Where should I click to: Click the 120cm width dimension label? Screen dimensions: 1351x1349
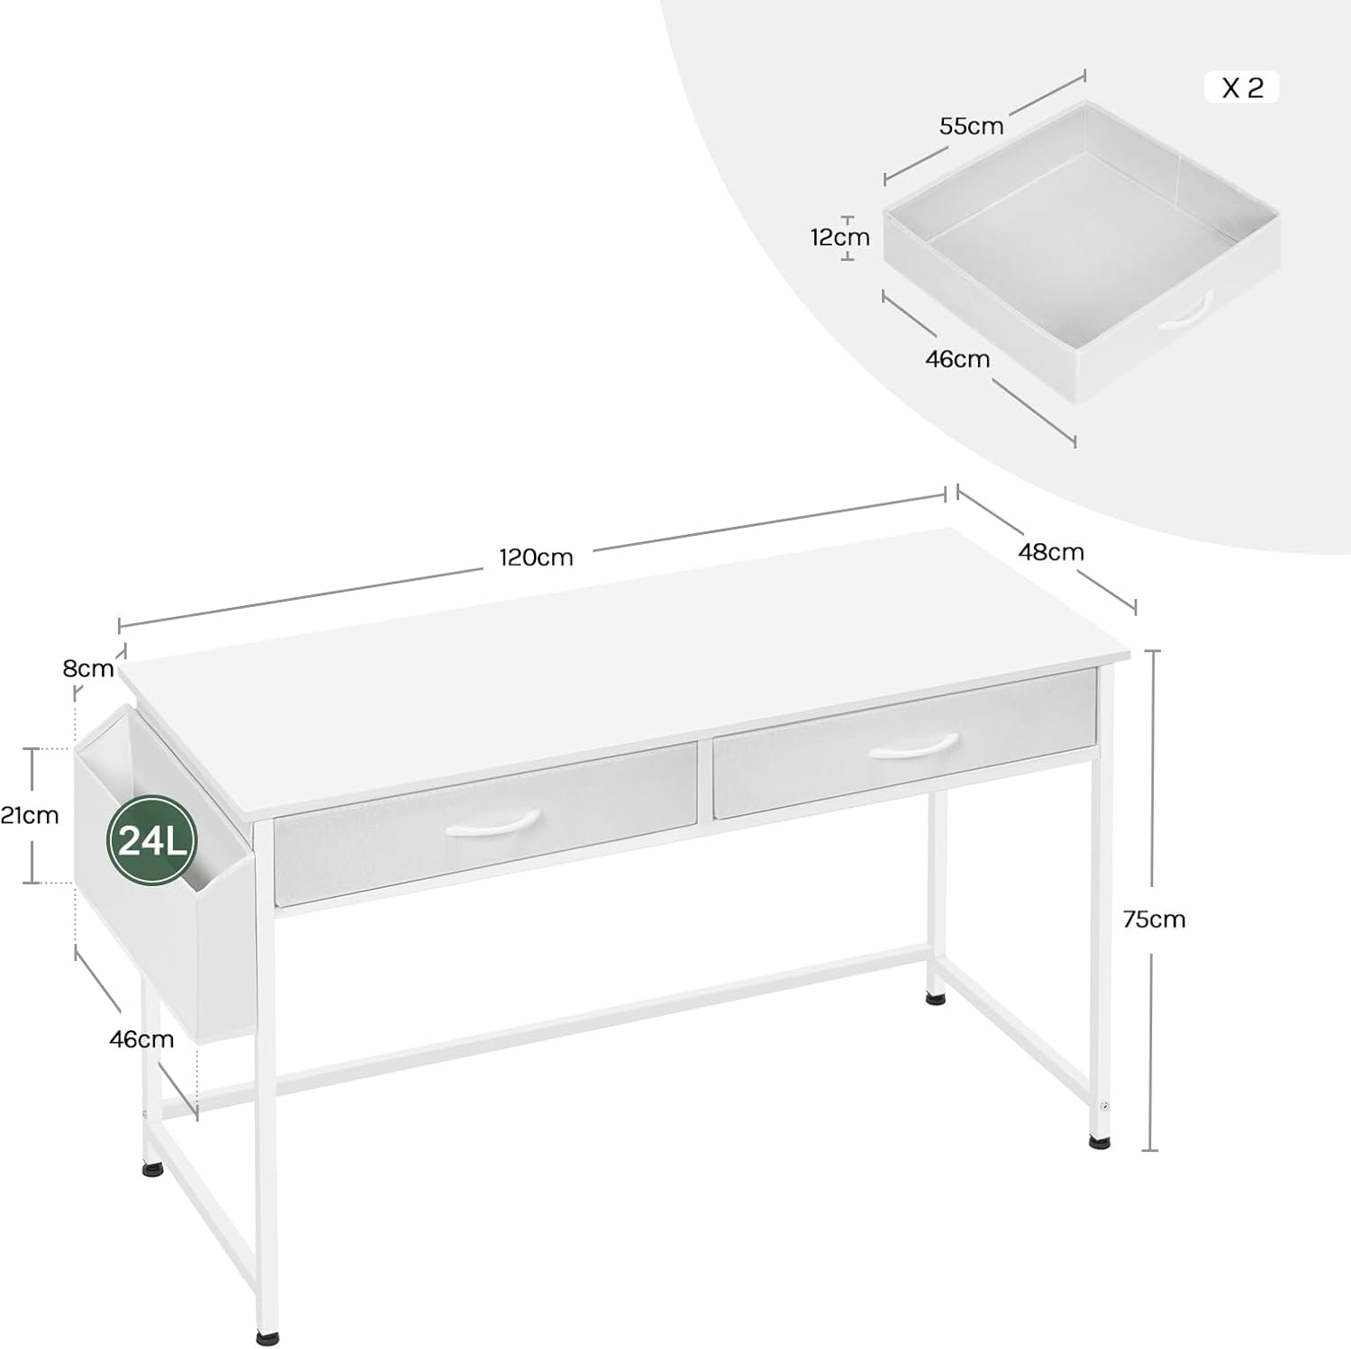tap(536, 557)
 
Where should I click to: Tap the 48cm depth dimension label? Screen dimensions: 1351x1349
tap(1051, 552)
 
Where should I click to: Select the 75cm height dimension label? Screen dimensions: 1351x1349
tap(1154, 919)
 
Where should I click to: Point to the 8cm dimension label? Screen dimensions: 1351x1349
tap(88, 668)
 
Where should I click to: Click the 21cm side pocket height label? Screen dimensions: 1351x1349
tap(30, 816)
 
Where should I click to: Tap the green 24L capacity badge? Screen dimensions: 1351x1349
tap(152, 840)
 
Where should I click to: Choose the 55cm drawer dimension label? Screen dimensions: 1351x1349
tap(971, 126)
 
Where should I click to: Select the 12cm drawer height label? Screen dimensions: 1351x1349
tap(839, 238)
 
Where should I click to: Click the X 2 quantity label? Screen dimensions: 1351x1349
tap(1242, 87)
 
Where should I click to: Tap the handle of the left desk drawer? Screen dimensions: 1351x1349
tap(493, 823)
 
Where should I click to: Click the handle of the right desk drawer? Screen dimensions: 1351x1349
tap(913, 747)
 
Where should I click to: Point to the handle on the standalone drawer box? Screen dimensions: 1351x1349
tap(1185, 312)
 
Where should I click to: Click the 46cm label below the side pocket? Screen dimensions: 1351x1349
tap(141, 1039)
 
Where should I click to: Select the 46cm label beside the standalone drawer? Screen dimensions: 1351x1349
tap(957, 359)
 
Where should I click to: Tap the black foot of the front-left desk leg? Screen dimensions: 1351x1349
tap(267, 1338)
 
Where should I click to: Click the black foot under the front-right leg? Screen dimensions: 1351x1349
tap(1099, 1142)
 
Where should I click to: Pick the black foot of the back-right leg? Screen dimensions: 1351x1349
tap(936, 997)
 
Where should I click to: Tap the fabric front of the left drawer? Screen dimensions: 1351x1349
tap(485, 823)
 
